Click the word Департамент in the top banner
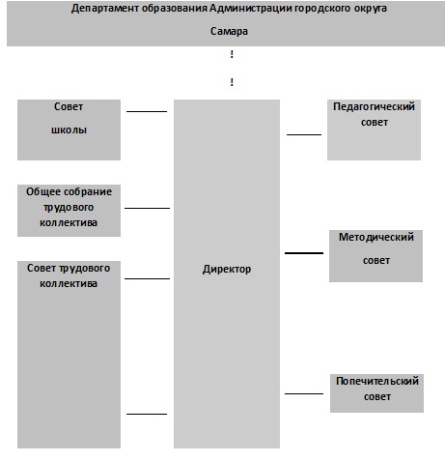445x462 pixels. [105, 9]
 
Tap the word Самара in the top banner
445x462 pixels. [229, 31]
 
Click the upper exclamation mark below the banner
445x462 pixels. [232, 54]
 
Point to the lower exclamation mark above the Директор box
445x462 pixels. [232, 82]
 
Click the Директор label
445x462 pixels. [227, 269]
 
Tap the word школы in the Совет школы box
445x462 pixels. [69, 130]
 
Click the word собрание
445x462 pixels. [86, 191]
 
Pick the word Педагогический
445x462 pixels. [374, 106]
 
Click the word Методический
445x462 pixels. [376, 237]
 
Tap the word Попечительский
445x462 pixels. [377, 381]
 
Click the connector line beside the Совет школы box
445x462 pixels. [147, 111]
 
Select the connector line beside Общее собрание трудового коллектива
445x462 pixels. [147, 208]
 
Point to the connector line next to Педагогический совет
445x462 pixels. [304, 134]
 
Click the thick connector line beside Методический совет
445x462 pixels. [304, 253]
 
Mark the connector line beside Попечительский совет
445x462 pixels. [304, 393]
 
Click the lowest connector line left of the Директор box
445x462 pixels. [147, 414]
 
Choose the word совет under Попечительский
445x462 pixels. [377, 397]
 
